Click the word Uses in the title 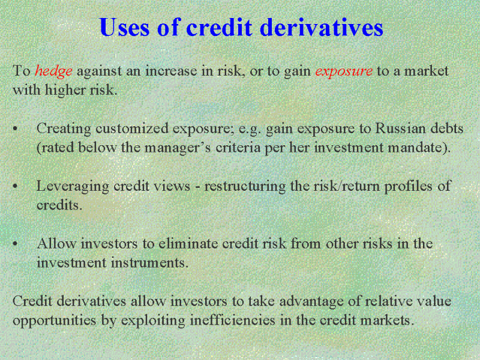[125, 27]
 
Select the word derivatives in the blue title [322, 27]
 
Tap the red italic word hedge [53, 71]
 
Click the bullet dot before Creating [16, 129]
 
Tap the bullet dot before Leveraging [16, 187]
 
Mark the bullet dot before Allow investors [16, 244]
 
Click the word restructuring [245, 187]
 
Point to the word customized [132, 128]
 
